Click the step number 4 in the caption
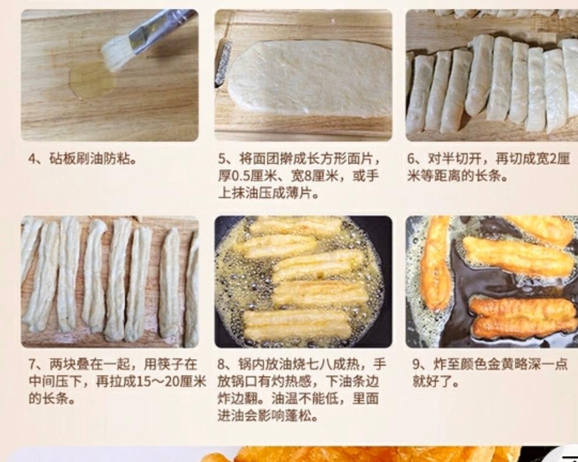[x=32, y=159]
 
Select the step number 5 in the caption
[x=222, y=159]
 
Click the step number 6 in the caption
[x=411, y=159]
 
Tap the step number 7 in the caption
[x=32, y=365]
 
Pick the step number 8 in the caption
[x=221, y=365]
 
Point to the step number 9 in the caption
[x=417, y=365]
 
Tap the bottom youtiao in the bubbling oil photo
[x=296, y=324]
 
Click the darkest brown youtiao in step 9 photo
[x=523, y=318]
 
